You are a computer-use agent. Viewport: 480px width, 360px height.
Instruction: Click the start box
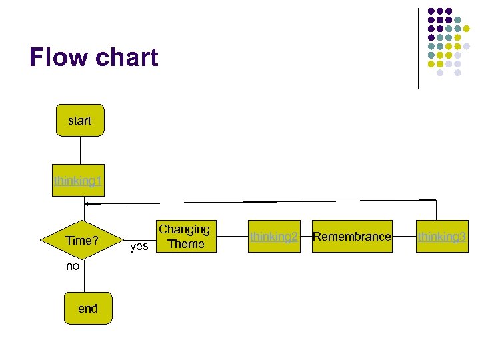[x=80, y=121]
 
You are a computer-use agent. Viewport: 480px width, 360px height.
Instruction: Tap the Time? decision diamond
[x=81, y=240]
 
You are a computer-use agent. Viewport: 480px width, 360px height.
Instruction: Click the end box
[x=87, y=308]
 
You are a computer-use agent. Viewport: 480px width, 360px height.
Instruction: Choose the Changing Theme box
[x=184, y=237]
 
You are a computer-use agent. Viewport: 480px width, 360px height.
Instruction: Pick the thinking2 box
[x=273, y=236]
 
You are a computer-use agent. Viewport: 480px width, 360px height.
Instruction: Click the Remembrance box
[x=352, y=236]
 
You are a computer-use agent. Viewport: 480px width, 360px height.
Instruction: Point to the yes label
[x=139, y=247]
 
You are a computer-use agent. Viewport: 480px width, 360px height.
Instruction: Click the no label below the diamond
[x=73, y=266]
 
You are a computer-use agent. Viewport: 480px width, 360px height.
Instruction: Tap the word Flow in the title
[x=59, y=58]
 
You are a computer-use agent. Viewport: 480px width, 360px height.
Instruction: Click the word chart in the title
[x=126, y=58]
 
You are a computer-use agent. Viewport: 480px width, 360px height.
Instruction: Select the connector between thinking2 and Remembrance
[x=305, y=236]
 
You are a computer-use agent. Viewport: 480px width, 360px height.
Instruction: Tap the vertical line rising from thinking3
[x=436, y=210]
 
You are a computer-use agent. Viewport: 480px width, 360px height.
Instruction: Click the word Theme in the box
[x=187, y=244]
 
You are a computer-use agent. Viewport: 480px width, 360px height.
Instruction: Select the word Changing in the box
[x=184, y=229]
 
